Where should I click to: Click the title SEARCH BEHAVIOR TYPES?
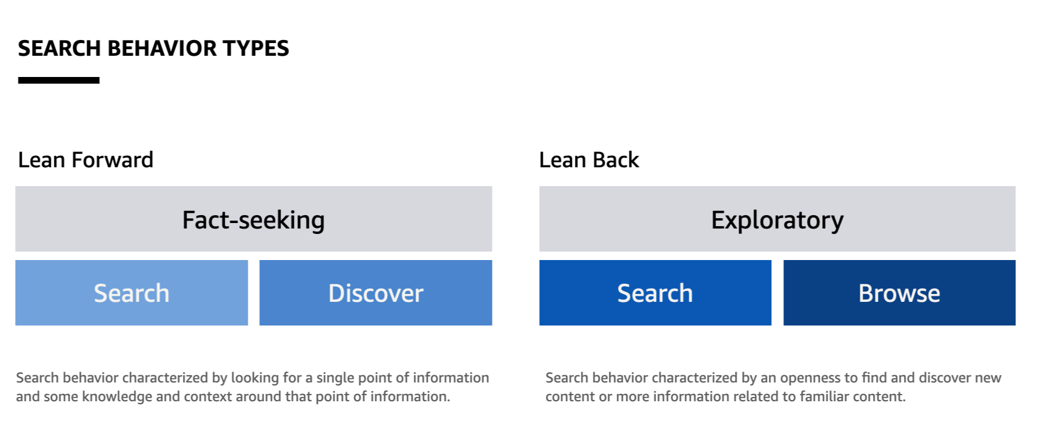(x=153, y=48)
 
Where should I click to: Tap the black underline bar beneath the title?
(x=59, y=80)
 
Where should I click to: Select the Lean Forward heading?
(x=85, y=160)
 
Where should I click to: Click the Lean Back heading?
(x=589, y=160)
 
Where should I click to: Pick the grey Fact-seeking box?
(x=253, y=219)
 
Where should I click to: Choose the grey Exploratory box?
(x=777, y=219)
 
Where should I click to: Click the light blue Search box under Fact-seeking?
(x=131, y=293)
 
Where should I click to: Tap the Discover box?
(x=376, y=293)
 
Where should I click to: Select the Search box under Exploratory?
(x=655, y=293)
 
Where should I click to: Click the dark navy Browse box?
(x=899, y=293)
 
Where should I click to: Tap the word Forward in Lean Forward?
(x=112, y=160)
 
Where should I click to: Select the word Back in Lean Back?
(x=616, y=160)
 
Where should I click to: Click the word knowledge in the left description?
(x=117, y=397)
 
